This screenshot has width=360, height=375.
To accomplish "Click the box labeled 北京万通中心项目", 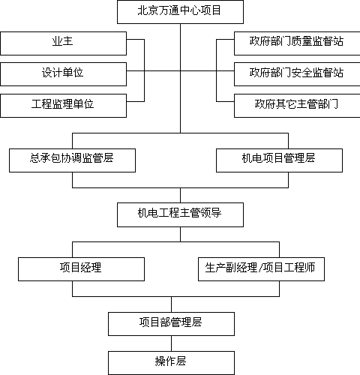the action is coord(180,12).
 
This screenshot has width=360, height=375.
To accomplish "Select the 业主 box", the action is coord(63,43).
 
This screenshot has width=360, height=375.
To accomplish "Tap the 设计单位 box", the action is coord(63,74).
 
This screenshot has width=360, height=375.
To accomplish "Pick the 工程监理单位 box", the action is coord(63,106).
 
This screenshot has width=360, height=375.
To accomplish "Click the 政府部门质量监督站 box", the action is coord(297,43).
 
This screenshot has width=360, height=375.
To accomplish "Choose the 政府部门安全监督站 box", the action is coord(297,74).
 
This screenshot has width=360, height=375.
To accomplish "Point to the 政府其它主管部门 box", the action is coord(297,106).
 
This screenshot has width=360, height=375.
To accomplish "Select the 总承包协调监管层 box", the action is coord(72,160).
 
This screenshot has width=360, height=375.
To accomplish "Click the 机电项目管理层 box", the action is coord(279,160).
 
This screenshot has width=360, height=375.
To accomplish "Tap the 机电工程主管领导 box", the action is coord(180,215).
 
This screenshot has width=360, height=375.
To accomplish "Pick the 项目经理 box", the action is coord(81,269).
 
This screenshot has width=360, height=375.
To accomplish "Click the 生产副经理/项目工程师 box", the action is coord(261,269).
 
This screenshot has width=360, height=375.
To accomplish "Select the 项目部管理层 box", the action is coord(171,324).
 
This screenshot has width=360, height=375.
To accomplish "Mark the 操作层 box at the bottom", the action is coord(171,363).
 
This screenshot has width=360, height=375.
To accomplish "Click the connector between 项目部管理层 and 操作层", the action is coord(171,343).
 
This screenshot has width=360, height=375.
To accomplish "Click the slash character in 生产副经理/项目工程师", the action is coord(260,268).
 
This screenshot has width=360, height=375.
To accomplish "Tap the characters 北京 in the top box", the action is coord(148,10).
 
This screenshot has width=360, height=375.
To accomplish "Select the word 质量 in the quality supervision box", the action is coord(302,41).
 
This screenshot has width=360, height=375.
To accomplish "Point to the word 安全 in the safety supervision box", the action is coord(302,73).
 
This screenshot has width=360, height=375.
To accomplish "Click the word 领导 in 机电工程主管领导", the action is coord(211,213).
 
